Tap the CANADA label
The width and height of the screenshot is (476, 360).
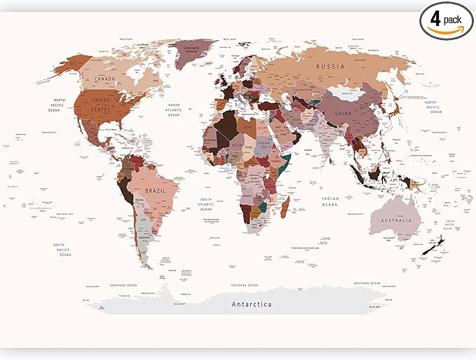105,79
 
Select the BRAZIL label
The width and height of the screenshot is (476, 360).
155,191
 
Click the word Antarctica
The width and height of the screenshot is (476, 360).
252,304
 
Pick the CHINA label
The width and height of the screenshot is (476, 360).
343,113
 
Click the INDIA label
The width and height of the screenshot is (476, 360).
328,140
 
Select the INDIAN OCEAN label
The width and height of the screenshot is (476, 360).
330,201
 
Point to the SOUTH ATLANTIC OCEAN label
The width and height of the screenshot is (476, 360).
206,204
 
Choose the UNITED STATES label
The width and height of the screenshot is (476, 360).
102,105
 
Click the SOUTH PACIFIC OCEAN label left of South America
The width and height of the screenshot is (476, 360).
65,249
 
